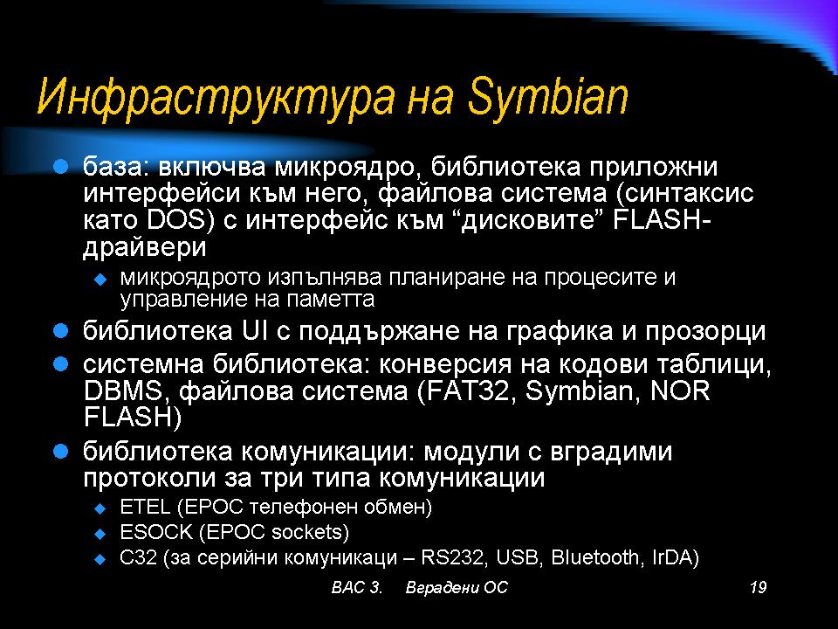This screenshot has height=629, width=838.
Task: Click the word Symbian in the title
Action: point(547,97)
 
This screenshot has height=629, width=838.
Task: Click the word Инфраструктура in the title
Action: point(216,97)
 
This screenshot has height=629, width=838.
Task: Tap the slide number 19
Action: point(758,587)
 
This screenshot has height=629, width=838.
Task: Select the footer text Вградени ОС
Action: point(457,587)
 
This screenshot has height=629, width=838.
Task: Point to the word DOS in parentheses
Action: point(175,220)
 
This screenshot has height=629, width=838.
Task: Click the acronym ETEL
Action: point(145,506)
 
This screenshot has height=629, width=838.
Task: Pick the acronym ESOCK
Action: point(156,532)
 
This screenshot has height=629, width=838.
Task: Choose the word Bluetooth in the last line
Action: point(594,557)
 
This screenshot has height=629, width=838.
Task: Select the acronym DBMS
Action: point(122,391)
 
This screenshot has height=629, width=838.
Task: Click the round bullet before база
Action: point(61,166)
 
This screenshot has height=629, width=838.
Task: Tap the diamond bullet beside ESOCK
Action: point(100,534)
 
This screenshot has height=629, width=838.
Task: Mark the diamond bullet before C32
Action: point(100,559)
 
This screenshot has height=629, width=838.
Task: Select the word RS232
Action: point(453,557)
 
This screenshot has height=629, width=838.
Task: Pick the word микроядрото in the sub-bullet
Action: point(191,278)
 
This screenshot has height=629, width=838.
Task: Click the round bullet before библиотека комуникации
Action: point(61,452)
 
